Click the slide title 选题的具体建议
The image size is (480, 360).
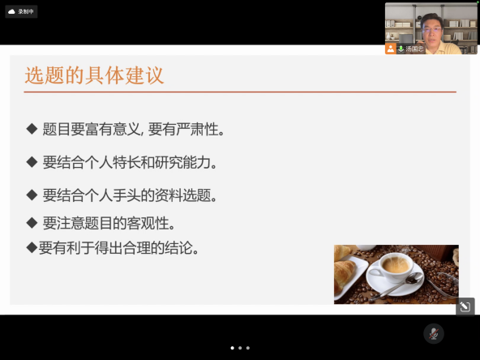pyautogui.click(x=94, y=75)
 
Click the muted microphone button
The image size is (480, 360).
pyautogui.click(x=434, y=333)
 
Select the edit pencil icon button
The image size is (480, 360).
pyautogui.click(x=465, y=306)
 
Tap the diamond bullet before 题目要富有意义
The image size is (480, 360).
pyautogui.click(x=32, y=129)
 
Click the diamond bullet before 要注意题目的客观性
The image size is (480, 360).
pyautogui.click(x=32, y=223)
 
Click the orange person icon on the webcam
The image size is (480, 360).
pyautogui.click(x=391, y=49)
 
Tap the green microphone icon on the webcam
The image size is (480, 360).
pyautogui.click(x=401, y=49)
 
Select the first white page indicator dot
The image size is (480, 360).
pyautogui.click(x=233, y=348)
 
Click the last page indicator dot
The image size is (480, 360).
pyautogui.click(x=248, y=348)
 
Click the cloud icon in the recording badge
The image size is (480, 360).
pyautogui.click(x=11, y=11)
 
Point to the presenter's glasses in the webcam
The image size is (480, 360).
pyautogui.click(x=431, y=30)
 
